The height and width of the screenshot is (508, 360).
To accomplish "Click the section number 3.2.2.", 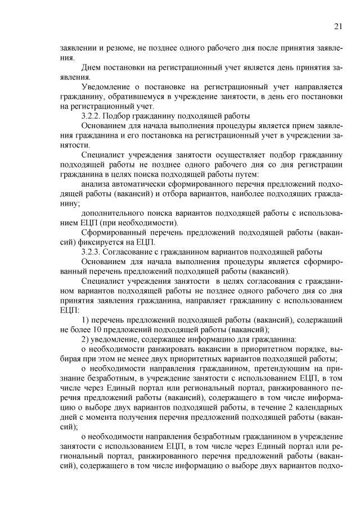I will tap(92, 115).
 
